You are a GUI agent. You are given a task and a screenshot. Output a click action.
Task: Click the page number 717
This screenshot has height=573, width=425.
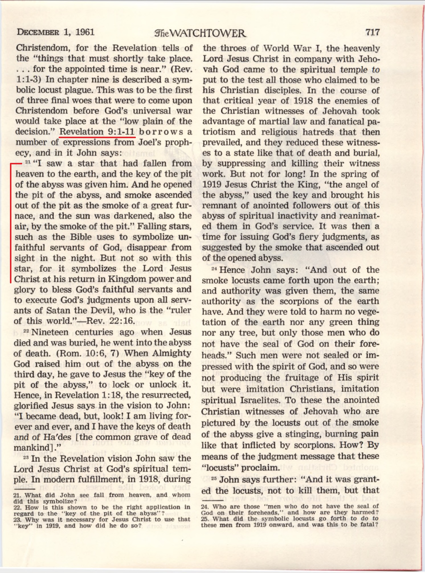click(x=373, y=32)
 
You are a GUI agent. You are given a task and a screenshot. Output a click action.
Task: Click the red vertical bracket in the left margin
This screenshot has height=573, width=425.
click(x=11, y=222)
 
